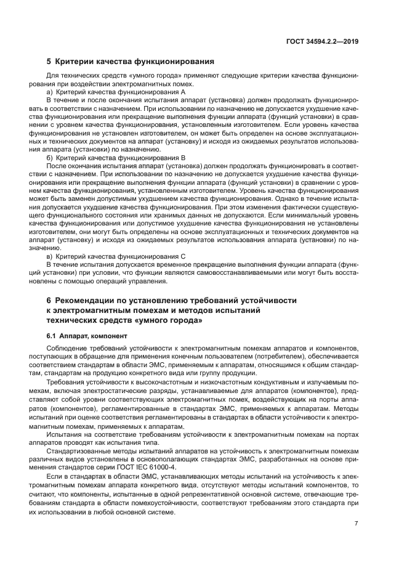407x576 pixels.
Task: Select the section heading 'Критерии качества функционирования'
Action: (134, 62)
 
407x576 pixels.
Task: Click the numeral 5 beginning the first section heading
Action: (49, 62)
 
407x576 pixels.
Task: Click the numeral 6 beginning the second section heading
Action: (49, 300)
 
